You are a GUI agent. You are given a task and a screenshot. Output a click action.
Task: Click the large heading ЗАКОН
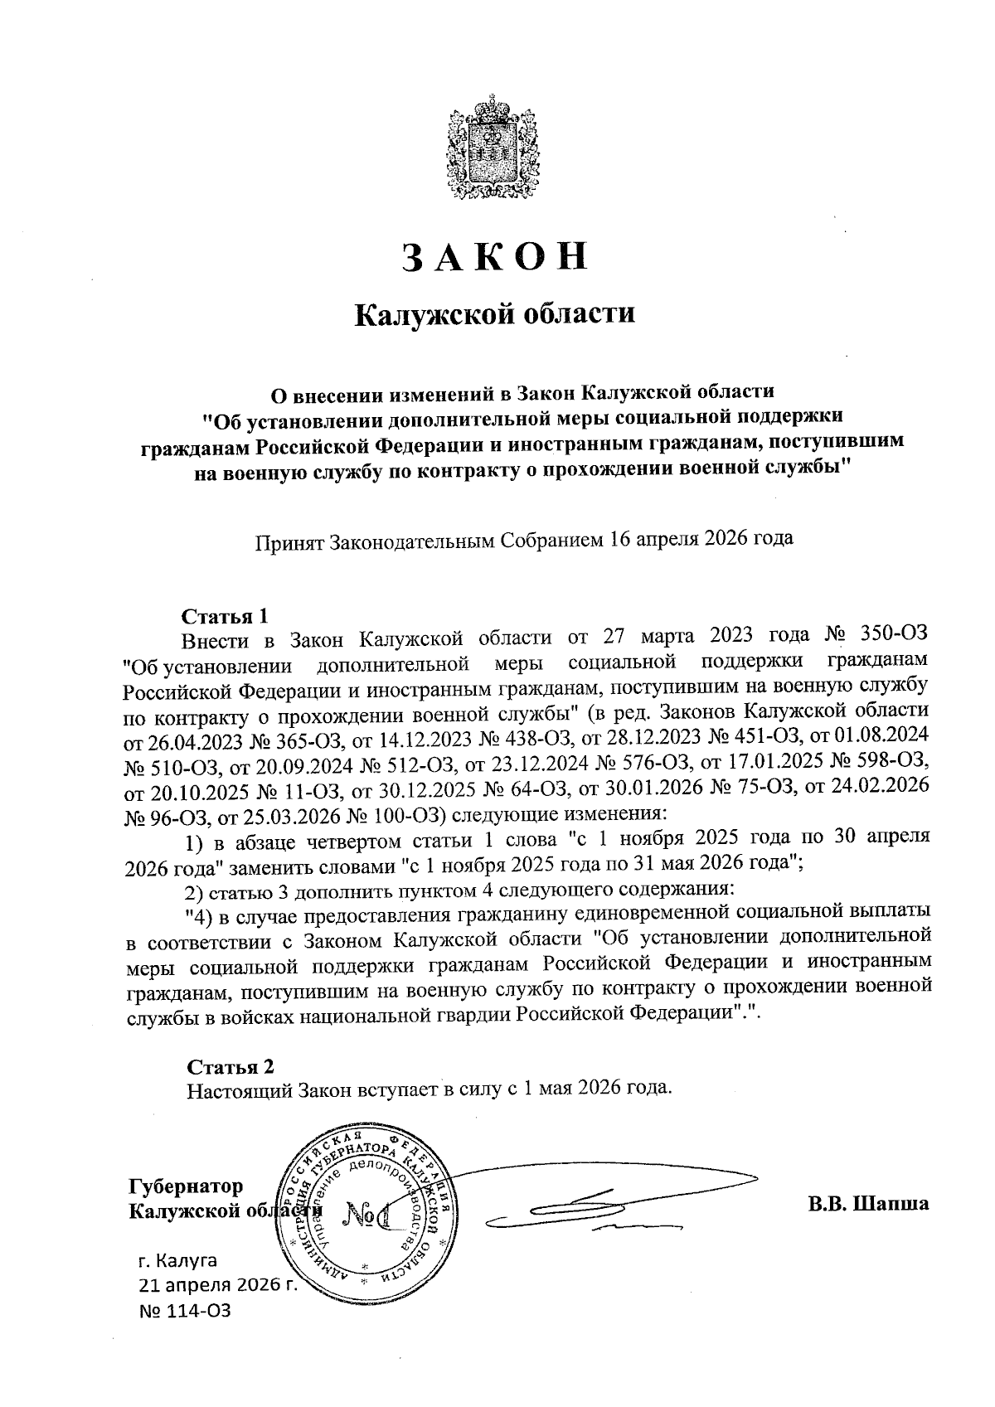(495, 257)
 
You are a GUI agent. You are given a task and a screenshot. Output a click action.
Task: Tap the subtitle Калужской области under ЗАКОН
(495, 315)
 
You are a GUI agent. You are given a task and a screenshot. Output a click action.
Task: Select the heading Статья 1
(225, 616)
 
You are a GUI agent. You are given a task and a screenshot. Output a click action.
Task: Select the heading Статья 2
(230, 1066)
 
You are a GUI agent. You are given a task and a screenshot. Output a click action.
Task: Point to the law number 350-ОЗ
(893, 638)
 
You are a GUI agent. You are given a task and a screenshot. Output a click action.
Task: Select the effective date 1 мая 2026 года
(591, 1088)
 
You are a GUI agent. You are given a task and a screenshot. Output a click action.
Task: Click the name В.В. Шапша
(868, 1203)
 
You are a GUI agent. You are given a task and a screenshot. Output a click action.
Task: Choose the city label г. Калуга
(177, 1262)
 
